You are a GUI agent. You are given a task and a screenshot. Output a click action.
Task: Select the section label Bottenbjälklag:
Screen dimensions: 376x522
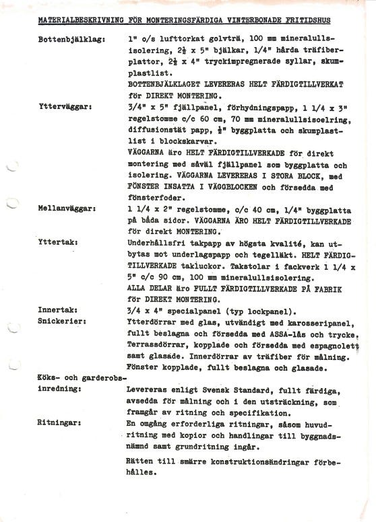pos(67,41)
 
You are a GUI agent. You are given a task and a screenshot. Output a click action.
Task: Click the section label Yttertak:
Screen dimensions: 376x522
pos(59,240)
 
